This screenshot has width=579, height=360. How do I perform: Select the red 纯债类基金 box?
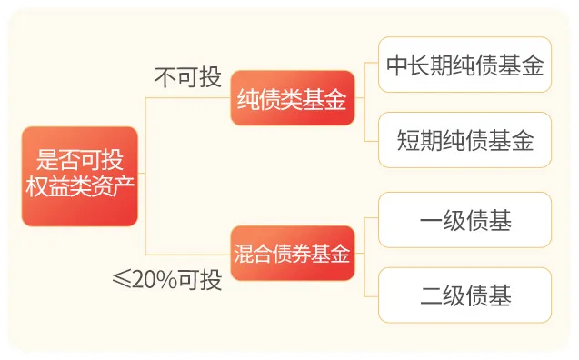pos(292,98)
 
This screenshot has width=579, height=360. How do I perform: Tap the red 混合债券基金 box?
pos(292,254)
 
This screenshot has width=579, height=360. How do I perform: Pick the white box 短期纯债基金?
pos(464,140)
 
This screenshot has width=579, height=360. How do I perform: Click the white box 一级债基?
pos(464,219)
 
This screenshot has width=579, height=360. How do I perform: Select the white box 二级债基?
pos(464,295)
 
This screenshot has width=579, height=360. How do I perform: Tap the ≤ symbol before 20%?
pos(121,279)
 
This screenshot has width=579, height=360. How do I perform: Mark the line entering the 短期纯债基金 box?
pos(370,140)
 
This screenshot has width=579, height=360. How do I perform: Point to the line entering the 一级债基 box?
pos(370,219)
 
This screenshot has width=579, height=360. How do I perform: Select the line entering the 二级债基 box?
pos(370,295)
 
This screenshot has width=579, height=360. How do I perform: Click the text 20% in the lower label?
pos(155,279)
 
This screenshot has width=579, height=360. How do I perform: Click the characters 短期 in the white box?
pos(419,140)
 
